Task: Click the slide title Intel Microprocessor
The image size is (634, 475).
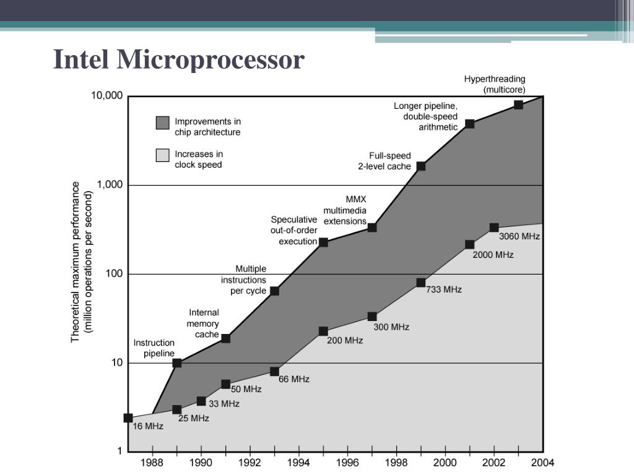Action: [179, 60]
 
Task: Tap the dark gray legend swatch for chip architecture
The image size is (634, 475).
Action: [162, 122]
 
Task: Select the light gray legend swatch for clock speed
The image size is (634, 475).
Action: [162, 155]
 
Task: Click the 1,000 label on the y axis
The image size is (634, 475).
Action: [110, 185]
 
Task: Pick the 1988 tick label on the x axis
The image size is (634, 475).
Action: [152, 463]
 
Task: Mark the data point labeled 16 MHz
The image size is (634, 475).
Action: [128, 418]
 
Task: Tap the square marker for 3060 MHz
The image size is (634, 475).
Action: [494, 228]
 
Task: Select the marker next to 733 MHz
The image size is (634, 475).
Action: [421, 283]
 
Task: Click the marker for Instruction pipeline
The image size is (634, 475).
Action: [177, 363]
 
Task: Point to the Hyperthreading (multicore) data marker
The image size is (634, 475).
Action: [518, 105]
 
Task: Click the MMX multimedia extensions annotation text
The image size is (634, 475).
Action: [345, 210]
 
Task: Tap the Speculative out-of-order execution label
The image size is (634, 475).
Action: [294, 230]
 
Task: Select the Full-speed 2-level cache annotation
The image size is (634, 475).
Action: [384, 161]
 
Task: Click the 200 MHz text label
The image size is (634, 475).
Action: [345, 340]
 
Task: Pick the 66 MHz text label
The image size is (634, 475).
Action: [294, 379]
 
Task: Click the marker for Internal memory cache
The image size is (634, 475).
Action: [226, 338]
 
